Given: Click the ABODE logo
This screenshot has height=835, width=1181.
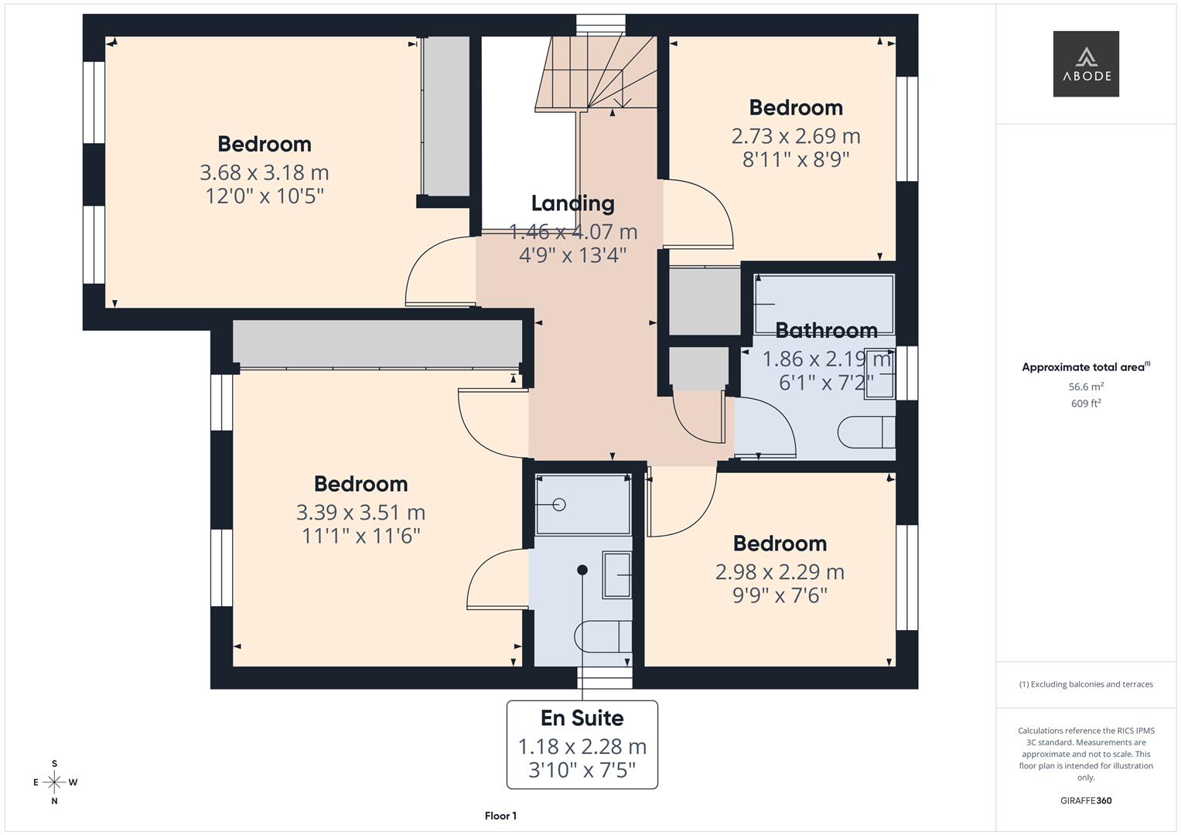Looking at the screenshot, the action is click(1086, 63).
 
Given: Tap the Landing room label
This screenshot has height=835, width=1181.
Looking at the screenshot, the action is click(572, 203).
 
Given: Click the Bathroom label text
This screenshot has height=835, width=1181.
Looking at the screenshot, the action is click(826, 331).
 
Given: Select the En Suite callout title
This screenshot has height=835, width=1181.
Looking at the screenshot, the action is click(582, 718).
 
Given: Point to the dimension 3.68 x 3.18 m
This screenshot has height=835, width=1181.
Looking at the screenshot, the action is click(265, 172).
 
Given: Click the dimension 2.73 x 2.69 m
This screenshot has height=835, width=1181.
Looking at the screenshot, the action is click(796, 136).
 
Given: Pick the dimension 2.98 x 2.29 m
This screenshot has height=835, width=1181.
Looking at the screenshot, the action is click(780, 572).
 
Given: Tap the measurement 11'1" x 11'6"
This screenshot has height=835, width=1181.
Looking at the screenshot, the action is click(360, 536).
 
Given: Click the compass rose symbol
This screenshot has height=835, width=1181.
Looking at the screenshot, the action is click(54, 782).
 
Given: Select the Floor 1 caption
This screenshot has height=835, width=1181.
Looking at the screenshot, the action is click(500, 816).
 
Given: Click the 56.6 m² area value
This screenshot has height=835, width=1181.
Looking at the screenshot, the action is click(1086, 387).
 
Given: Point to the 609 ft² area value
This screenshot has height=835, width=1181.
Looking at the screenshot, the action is click(1086, 404).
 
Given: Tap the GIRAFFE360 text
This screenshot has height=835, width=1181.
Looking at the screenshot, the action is click(1086, 800).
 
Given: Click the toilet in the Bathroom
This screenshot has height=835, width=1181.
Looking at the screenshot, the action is click(866, 432).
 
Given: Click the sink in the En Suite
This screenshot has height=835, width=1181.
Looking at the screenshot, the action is click(617, 575).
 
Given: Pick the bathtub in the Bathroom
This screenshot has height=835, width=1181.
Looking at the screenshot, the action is click(824, 304).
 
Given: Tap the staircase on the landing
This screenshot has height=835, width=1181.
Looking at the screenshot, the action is click(596, 73).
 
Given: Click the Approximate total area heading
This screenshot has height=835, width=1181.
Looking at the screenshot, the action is click(1086, 367).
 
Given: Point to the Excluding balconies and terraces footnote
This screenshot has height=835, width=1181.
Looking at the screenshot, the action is click(1086, 684).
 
